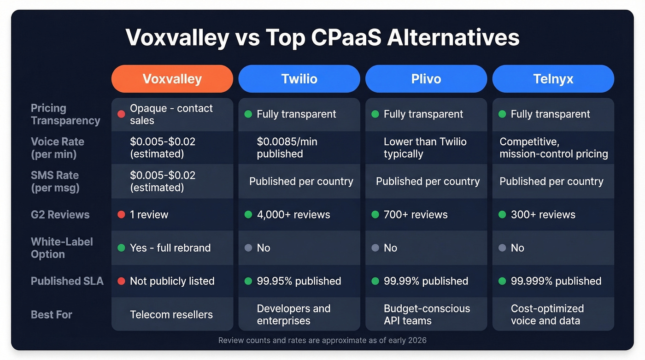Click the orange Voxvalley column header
(x=172, y=79)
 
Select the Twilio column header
(x=299, y=79)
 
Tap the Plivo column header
(x=426, y=79)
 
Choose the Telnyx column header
(x=553, y=79)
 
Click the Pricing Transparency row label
(x=65, y=114)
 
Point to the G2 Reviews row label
(x=60, y=214)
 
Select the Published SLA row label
(x=67, y=281)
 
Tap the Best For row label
(x=51, y=314)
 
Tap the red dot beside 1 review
(x=121, y=214)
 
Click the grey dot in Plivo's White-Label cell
(x=375, y=248)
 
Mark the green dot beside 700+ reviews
(x=375, y=214)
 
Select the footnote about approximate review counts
(x=322, y=340)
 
